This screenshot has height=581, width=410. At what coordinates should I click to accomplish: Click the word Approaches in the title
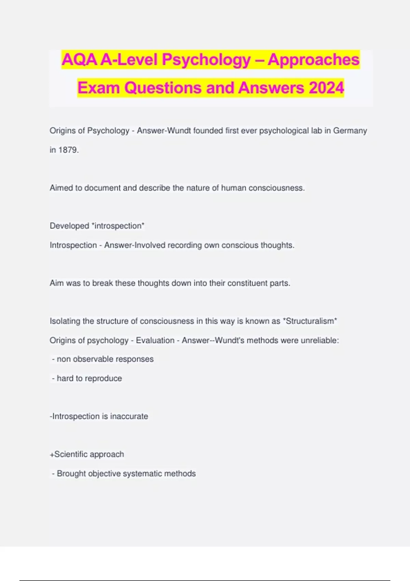click(313, 60)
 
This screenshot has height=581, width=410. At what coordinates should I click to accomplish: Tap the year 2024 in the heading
click(326, 88)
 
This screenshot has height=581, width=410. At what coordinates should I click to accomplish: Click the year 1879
click(68, 150)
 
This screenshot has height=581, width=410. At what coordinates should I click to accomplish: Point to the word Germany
click(350, 131)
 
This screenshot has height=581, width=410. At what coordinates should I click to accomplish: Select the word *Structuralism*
click(310, 321)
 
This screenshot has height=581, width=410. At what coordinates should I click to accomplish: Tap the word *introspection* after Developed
click(118, 226)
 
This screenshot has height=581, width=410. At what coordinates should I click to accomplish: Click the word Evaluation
click(155, 340)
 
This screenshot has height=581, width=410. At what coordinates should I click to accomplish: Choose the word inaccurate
click(129, 416)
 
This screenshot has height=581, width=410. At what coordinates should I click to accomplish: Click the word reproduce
click(104, 378)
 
